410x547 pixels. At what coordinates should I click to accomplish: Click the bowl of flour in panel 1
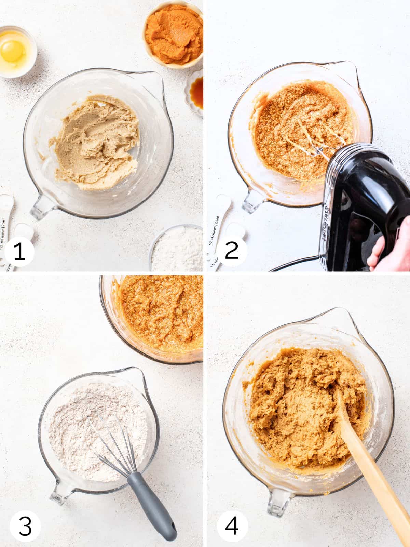[178, 248]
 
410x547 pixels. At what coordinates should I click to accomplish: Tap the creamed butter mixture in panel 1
[92, 144]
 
